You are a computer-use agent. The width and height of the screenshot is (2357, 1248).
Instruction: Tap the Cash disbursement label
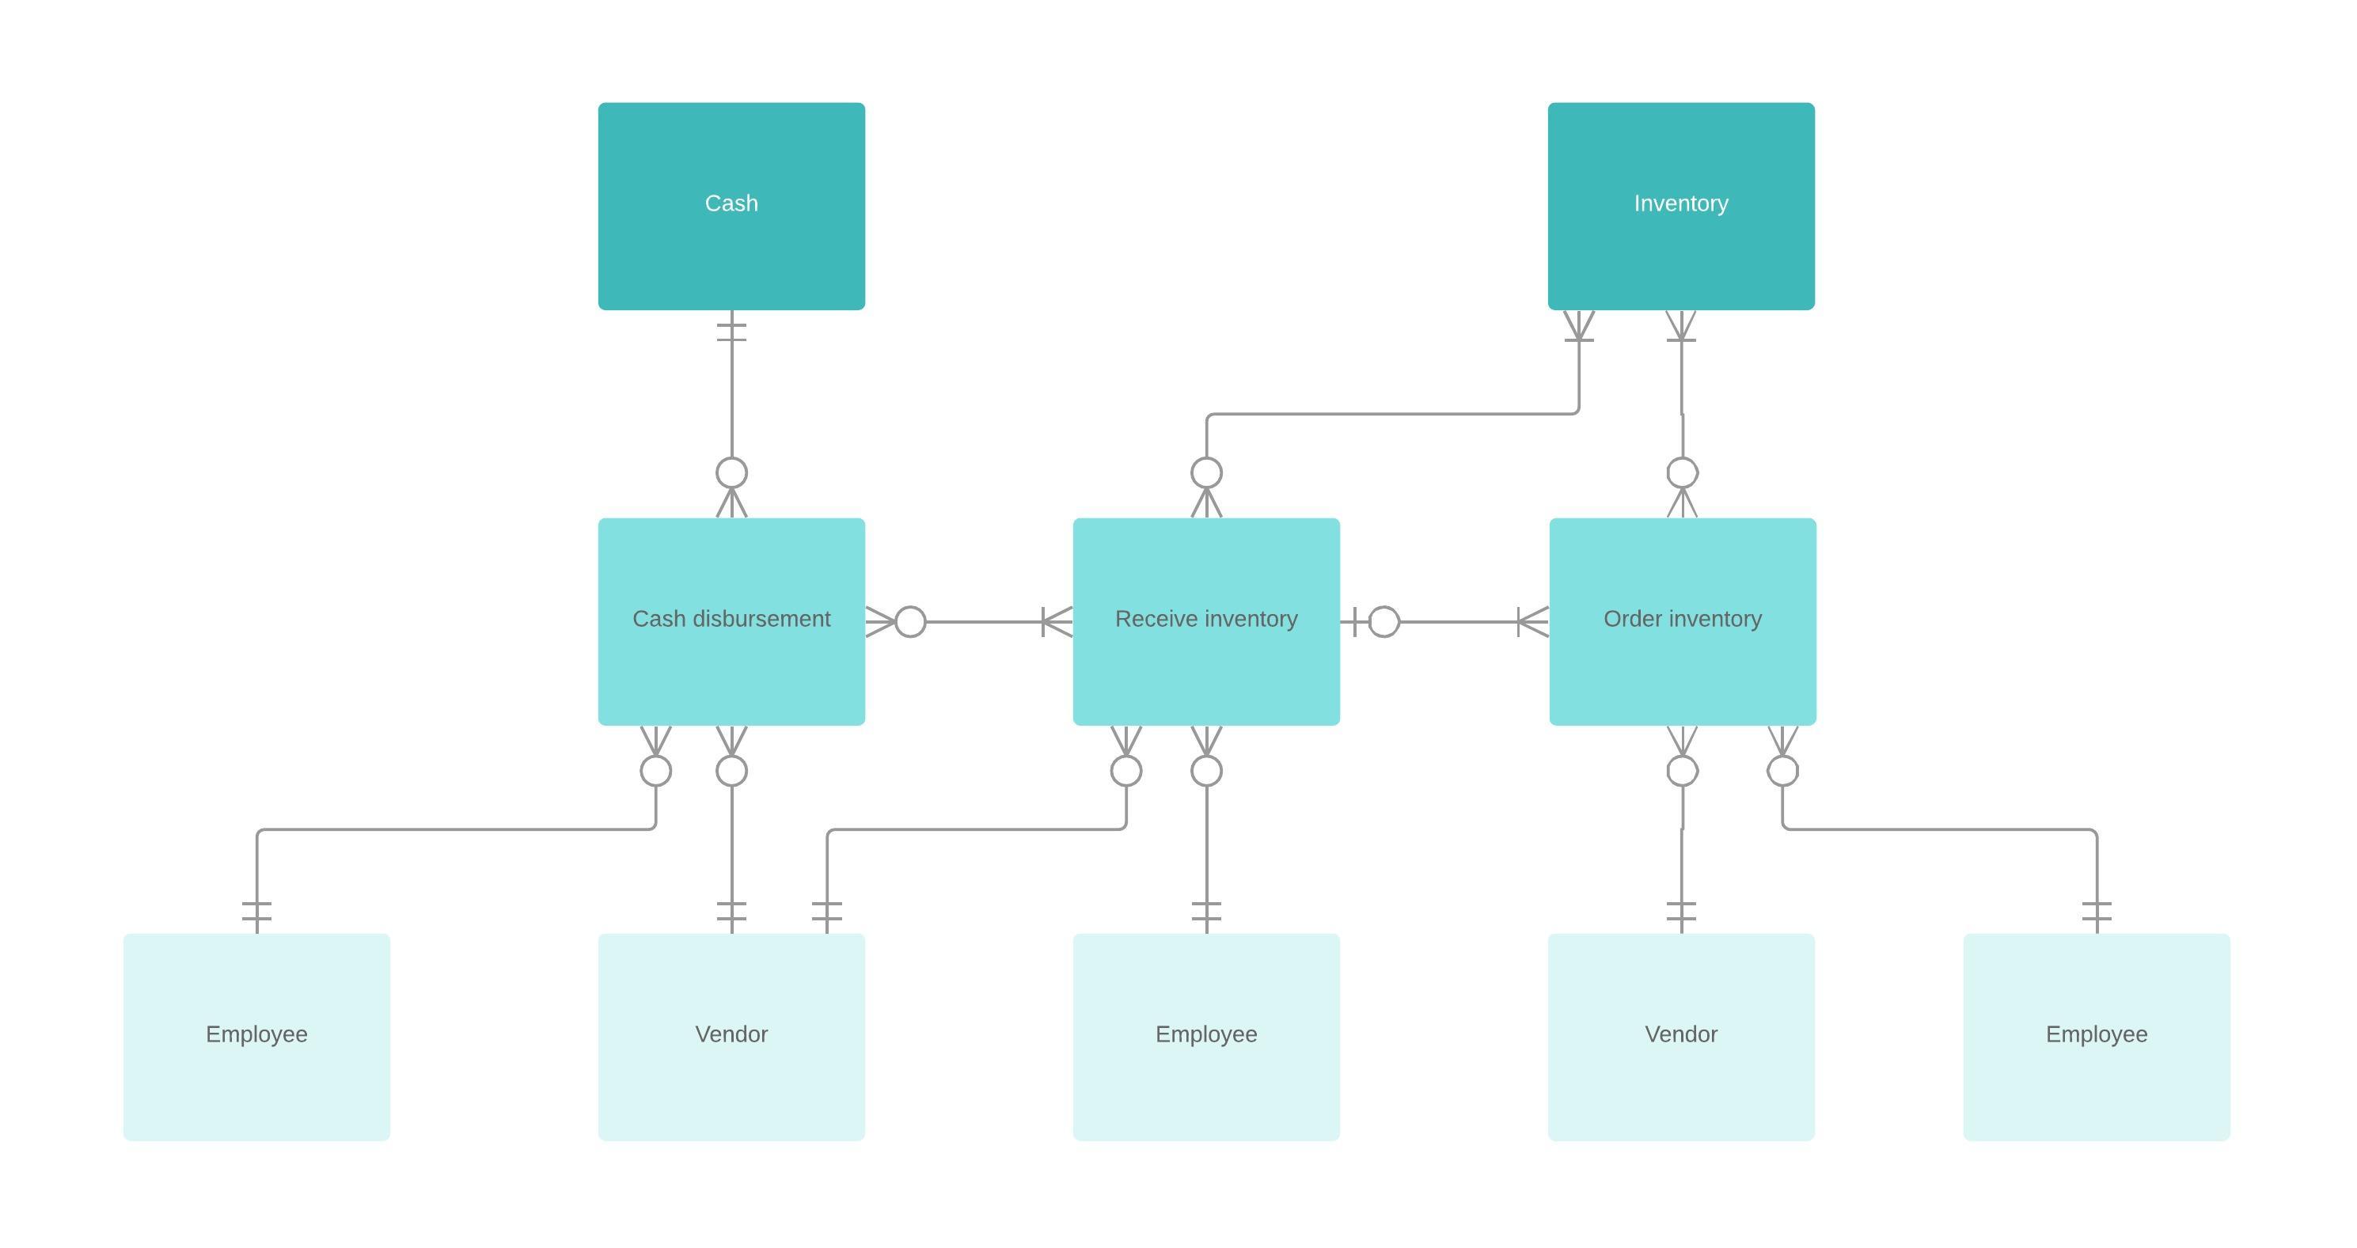tap(731, 619)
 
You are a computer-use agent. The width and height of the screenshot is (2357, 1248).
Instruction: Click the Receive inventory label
tap(1206, 619)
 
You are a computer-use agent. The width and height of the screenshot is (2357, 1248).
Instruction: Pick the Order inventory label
tap(1682, 619)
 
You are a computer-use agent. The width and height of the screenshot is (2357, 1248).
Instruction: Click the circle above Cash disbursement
tap(731, 473)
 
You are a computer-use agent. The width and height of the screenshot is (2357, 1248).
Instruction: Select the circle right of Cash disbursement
tap(909, 622)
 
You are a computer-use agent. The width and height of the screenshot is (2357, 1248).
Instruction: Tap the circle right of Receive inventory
tap(1383, 622)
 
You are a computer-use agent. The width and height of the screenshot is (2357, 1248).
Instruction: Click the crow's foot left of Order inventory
tap(1532, 622)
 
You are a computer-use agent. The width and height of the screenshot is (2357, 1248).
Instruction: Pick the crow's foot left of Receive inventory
tap(1057, 622)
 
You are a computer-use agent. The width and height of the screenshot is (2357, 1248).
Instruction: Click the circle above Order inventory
tap(1682, 473)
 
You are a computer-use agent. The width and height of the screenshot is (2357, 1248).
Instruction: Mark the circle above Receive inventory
tap(1206, 473)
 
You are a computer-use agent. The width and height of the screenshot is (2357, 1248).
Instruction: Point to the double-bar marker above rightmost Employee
tap(2097, 912)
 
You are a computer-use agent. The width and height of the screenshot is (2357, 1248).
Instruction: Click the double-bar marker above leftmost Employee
tap(256, 912)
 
